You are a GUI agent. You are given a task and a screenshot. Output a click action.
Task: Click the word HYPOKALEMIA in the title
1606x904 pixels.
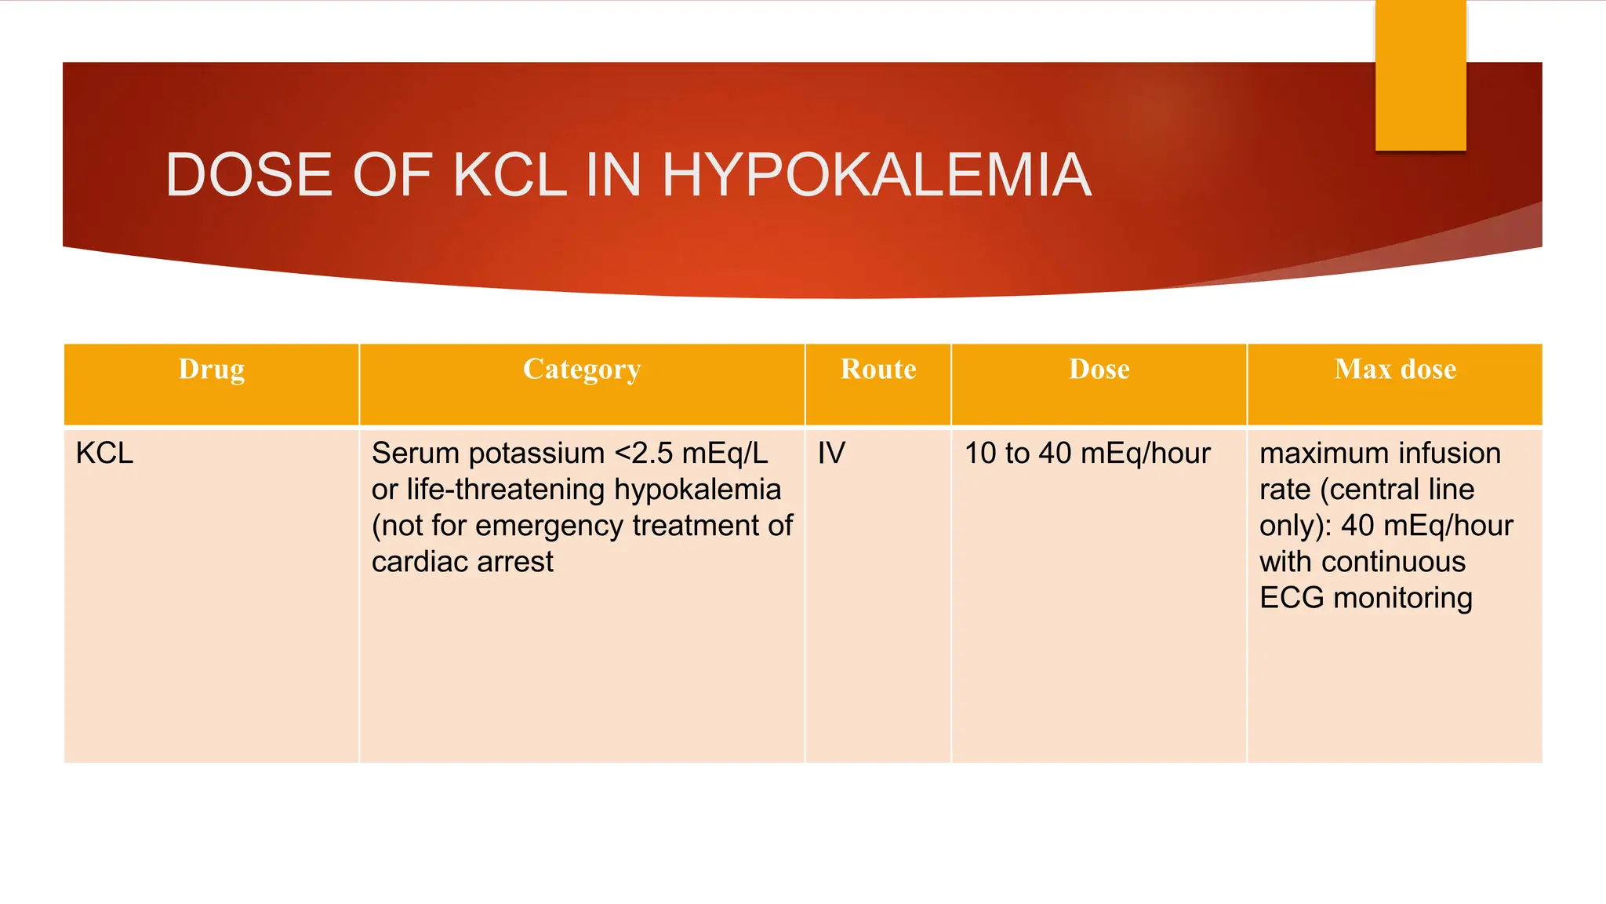pyautogui.click(x=876, y=175)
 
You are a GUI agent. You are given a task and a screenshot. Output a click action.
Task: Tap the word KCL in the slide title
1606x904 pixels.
pyautogui.click(x=510, y=175)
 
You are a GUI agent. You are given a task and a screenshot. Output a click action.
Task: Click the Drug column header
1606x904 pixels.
pyautogui.click(x=212, y=369)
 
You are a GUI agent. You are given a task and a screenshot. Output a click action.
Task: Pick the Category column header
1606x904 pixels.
pyautogui.click(x=582, y=369)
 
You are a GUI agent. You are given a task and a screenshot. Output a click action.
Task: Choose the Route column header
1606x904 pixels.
pyautogui.click(x=878, y=369)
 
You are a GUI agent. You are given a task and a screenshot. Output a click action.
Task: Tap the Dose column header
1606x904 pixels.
pyautogui.click(x=1099, y=369)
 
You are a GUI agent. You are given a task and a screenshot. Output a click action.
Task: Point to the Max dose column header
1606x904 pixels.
pyautogui.click(x=1395, y=369)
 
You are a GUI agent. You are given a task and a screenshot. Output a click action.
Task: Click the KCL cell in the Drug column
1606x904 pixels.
pyautogui.click(x=104, y=454)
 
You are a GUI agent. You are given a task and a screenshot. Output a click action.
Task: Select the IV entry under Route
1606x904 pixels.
pyautogui.click(x=831, y=454)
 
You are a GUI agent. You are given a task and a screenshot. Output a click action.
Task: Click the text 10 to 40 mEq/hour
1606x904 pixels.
pyautogui.click(x=1087, y=454)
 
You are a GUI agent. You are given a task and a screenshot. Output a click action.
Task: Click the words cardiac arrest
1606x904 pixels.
pyautogui.click(x=462, y=562)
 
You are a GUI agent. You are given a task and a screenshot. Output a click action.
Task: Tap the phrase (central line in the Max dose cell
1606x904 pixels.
pyautogui.click(x=1397, y=490)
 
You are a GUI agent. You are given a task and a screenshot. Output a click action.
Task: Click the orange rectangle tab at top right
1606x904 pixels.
pyautogui.click(x=1420, y=75)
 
